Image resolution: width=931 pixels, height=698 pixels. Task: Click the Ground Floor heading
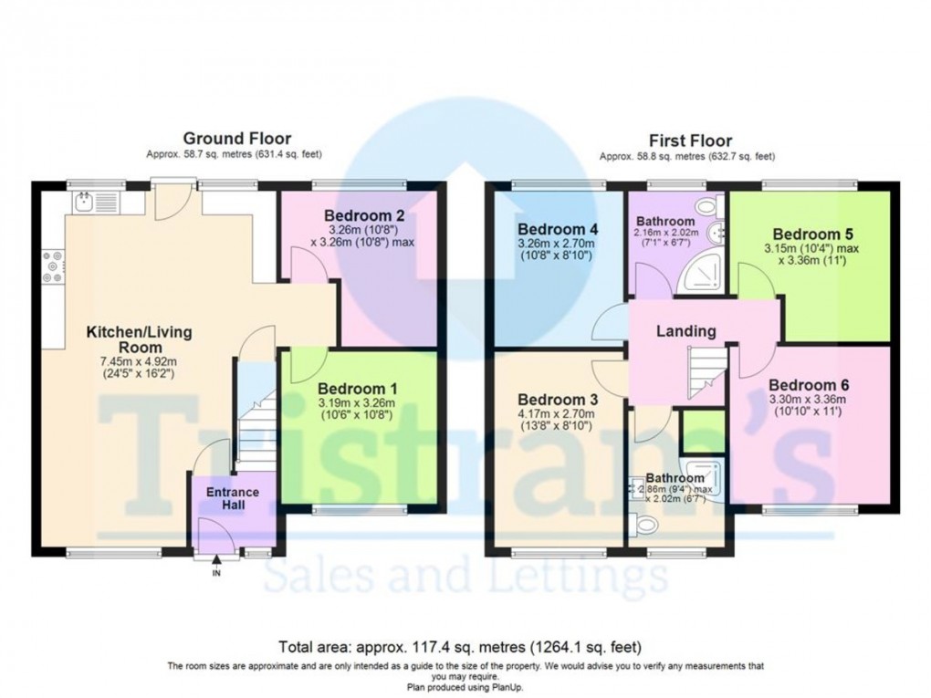click(237, 139)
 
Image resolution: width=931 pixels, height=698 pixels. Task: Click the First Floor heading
click(690, 141)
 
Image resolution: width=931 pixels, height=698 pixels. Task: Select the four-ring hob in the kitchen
click(53, 266)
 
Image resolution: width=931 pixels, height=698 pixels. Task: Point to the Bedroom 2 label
click(364, 214)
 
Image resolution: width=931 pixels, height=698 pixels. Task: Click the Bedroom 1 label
click(358, 389)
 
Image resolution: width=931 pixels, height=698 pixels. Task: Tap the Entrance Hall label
click(233, 498)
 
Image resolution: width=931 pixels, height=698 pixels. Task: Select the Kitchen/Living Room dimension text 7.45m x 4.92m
click(139, 361)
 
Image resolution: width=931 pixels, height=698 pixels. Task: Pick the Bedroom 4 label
click(558, 229)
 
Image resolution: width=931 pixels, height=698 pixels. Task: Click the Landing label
click(685, 330)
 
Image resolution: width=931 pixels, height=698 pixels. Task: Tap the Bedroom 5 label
click(813, 234)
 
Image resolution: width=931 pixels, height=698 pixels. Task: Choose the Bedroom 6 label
click(810, 385)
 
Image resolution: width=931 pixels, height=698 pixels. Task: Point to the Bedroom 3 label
click(558, 400)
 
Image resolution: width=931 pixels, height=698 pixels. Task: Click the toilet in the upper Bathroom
click(709, 206)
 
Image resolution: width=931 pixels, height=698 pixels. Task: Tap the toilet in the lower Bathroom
click(645, 525)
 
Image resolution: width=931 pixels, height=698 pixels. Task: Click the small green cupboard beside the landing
click(703, 431)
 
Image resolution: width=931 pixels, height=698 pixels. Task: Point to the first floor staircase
click(707, 372)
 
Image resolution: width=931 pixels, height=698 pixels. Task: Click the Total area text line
click(460, 646)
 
